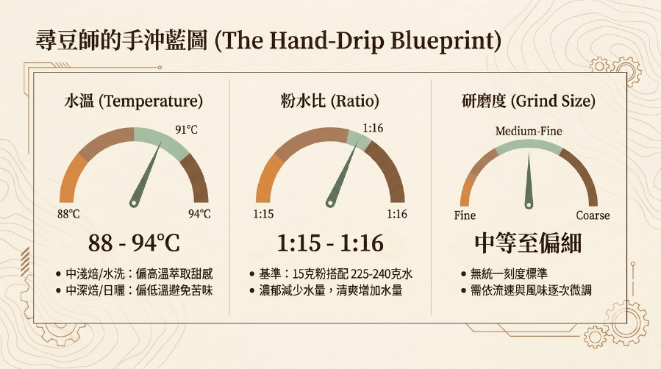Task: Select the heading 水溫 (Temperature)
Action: (x=134, y=101)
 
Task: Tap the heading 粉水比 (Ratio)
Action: (x=330, y=101)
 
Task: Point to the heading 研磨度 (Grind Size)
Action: (x=529, y=101)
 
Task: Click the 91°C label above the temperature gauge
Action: (x=186, y=129)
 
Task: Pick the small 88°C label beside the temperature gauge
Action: (x=68, y=214)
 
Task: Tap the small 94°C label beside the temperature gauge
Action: (x=199, y=214)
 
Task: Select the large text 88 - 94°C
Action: (x=134, y=243)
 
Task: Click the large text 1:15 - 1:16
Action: (x=330, y=243)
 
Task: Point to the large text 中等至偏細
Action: (x=528, y=243)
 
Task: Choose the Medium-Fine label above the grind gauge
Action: (x=529, y=132)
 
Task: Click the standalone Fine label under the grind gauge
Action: (x=465, y=215)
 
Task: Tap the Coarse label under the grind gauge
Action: (x=593, y=215)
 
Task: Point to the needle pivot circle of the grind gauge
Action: (x=529, y=206)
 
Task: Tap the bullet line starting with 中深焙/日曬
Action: (x=134, y=290)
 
